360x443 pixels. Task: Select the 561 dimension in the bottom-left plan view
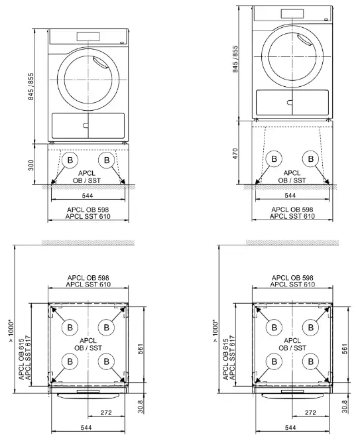click(143, 348)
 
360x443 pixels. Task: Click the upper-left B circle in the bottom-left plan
click(68, 326)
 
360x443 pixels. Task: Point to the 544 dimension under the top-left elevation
click(88, 196)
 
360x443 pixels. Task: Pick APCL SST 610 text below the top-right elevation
click(290, 216)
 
